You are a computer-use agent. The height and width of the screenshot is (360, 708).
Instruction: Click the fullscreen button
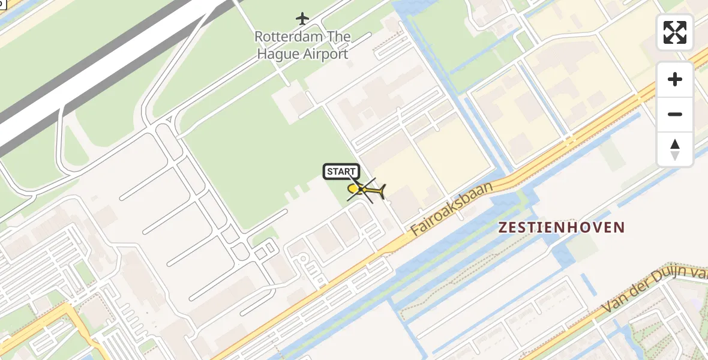click(x=675, y=32)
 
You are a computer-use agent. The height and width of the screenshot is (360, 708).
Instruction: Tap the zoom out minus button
click(x=675, y=114)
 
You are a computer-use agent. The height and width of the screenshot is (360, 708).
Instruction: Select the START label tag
click(x=341, y=172)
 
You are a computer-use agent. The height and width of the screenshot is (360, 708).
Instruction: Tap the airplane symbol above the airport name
click(x=302, y=19)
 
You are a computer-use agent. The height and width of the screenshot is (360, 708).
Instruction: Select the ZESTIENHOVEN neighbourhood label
click(x=562, y=227)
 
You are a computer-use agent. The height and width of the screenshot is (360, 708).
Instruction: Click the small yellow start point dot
click(x=353, y=189)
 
